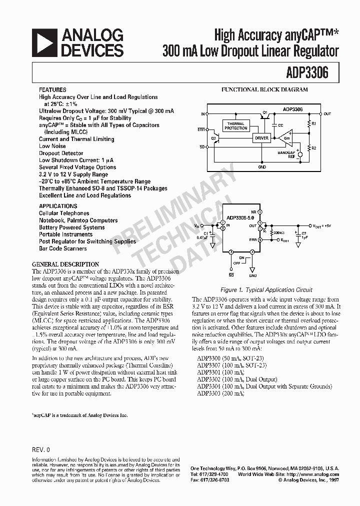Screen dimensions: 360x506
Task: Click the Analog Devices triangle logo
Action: point(43,42)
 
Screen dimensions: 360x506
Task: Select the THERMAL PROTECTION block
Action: point(235,126)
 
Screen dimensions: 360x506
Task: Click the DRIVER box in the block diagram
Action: point(261,138)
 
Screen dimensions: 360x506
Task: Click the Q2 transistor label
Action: point(213,136)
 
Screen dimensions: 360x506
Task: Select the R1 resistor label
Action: point(313,122)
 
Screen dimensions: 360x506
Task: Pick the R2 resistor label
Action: point(313,148)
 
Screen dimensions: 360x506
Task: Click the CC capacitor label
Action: point(280,125)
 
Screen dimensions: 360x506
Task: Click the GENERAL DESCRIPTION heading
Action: point(65,264)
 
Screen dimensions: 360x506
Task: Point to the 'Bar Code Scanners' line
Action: point(63,248)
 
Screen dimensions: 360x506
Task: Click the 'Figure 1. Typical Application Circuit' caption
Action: point(266,289)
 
